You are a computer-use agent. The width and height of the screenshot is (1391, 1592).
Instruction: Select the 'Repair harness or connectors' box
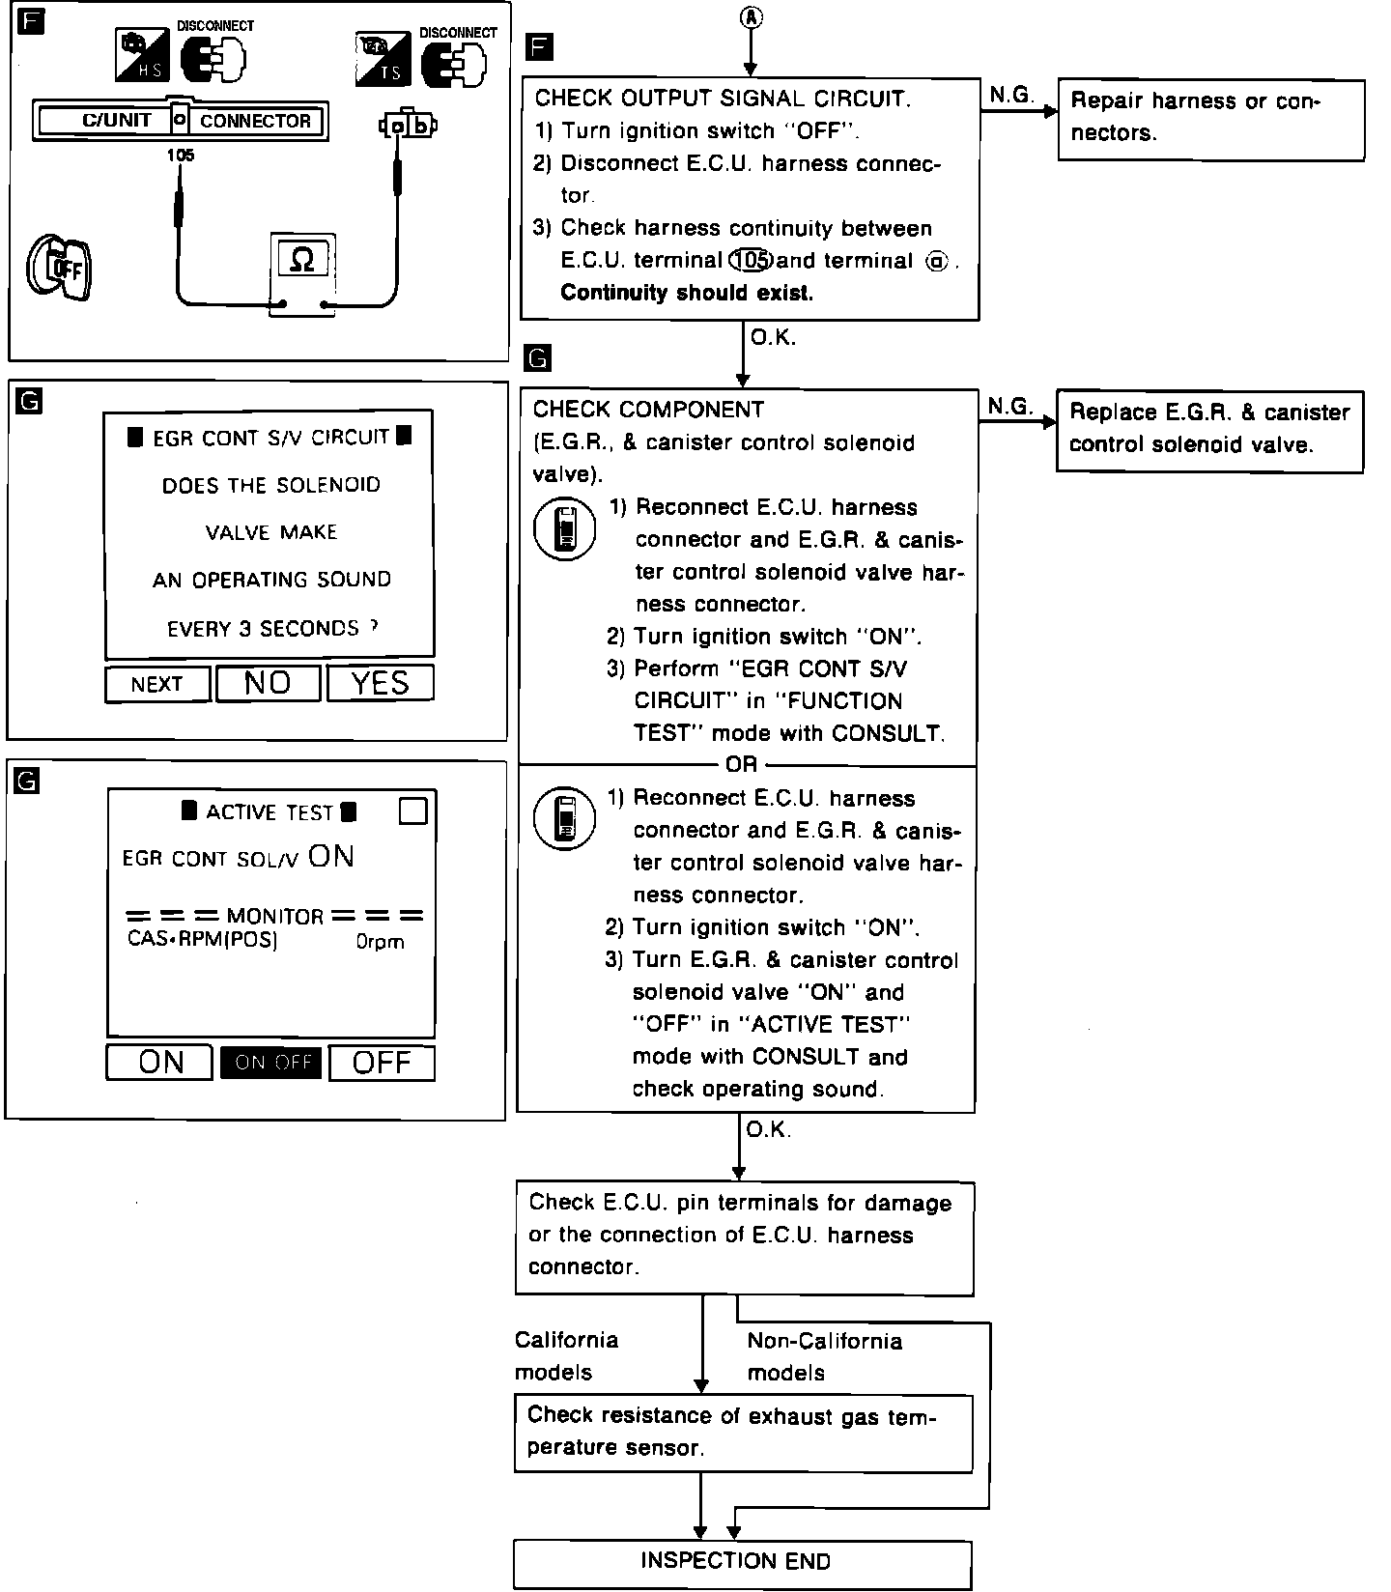1211,119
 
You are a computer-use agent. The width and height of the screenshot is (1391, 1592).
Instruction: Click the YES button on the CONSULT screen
381,683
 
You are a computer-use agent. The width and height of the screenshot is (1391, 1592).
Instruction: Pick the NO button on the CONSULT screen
268,683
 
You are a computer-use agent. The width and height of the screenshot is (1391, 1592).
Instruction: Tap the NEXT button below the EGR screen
157,684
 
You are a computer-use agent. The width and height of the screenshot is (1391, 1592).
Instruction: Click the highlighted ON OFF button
271,1063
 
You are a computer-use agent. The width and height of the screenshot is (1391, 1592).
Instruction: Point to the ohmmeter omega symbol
302,260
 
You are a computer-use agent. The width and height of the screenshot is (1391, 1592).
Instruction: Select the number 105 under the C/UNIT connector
180,155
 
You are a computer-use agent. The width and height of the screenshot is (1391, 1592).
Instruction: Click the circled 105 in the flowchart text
751,260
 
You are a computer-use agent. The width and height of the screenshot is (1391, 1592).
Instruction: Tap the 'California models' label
566,1355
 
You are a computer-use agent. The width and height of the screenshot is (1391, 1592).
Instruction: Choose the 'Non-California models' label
824,1356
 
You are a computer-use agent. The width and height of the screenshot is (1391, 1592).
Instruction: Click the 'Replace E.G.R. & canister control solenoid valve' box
1209,429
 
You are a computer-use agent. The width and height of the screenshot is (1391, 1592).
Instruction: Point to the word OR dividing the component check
741,765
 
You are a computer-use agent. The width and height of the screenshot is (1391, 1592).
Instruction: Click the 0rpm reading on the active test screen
380,942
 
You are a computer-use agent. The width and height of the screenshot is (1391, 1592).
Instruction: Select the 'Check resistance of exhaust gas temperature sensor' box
743,1432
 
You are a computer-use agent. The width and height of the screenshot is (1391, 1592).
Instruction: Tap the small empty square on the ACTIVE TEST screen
412,811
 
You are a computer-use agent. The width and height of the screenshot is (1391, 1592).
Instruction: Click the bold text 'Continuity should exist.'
687,293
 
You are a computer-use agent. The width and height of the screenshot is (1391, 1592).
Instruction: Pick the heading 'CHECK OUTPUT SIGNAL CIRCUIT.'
722,98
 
